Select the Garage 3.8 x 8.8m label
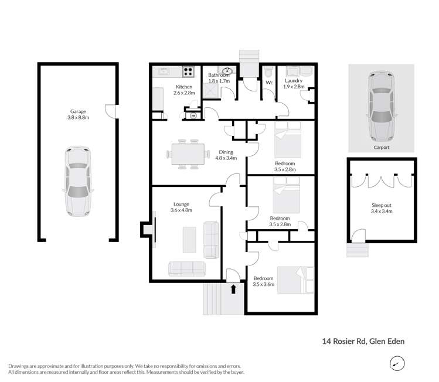tap(75, 115)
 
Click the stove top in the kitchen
tap(188, 72)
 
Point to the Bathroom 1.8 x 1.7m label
tap(219, 79)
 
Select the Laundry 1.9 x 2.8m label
tap(293, 84)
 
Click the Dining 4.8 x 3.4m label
tap(226, 154)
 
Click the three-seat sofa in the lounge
tap(187, 268)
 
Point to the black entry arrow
tap(234, 288)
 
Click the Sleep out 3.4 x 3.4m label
tap(382, 209)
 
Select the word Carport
tap(381, 148)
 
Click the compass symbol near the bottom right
tap(398, 364)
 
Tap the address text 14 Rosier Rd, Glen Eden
tap(363, 340)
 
